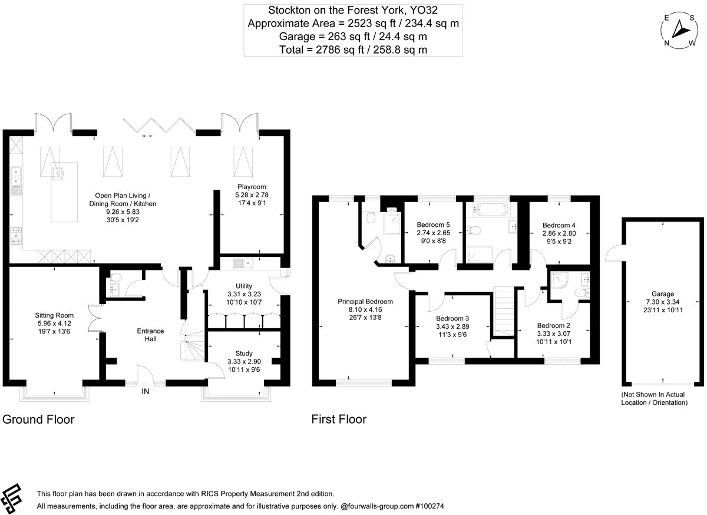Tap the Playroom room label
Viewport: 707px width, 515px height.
point(252,187)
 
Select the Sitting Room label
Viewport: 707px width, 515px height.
point(54,315)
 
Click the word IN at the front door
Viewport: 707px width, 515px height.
point(145,391)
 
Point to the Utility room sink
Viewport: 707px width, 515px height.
point(243,263)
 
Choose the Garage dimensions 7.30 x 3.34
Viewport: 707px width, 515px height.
point(662,302)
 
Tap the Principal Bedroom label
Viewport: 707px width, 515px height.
point(365,302)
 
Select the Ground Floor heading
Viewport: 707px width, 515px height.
point(38,420)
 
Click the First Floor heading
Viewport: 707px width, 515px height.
point(339,420)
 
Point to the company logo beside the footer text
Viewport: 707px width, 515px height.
point(11,499)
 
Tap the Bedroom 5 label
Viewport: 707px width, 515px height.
point(433,225)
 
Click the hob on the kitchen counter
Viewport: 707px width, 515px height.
point(16,236)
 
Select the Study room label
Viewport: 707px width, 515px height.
point(244,354)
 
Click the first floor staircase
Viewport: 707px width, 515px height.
point(504,311)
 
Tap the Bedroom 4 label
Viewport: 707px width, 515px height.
point(559,226)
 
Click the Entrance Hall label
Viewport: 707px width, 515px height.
point(151,335)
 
